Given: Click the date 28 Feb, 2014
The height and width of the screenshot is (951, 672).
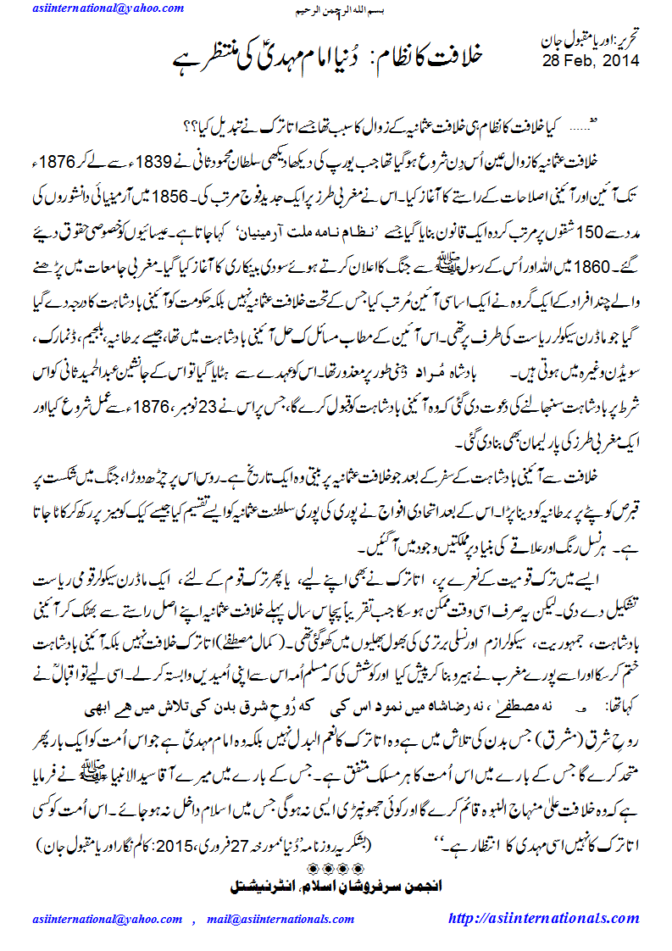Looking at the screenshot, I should pos(591,60).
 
